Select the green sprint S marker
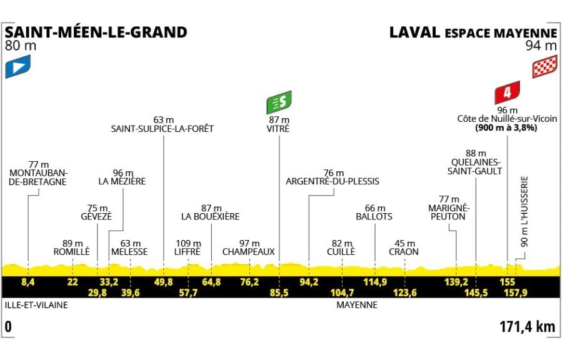coord(279,101)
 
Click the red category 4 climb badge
coord(507,94)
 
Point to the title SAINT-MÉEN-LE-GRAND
coord(96,32)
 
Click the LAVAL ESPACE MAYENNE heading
coord(472,32)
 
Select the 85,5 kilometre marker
coord(279,292)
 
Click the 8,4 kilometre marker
coord(27,282)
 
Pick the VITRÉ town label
coord(279,129)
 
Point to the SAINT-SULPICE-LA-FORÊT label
coord(162,129)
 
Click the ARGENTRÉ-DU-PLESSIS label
coord(332,182)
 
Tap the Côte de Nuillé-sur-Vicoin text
coord(506,119)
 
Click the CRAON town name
coord(404,252)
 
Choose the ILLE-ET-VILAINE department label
coord(34,306)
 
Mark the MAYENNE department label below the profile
coord(356,306)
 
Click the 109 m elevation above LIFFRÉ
coord(187,243)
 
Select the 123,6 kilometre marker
coord(404,292)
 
